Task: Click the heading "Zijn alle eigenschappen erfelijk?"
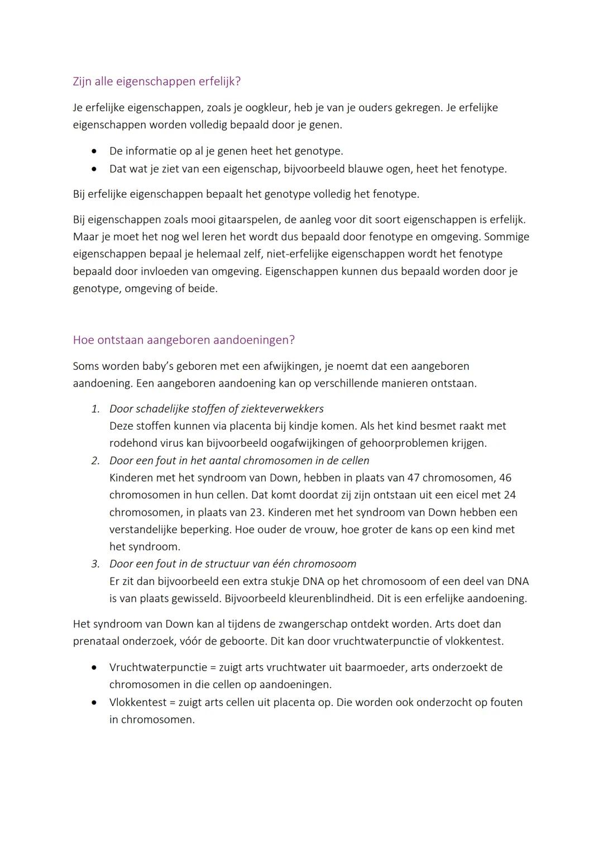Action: [x=156, y=82]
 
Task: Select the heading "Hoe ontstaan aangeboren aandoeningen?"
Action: [x=184, y=340]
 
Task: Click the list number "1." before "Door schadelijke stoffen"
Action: [x=95, y=409]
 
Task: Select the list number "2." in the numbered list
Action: [x=95, y=461]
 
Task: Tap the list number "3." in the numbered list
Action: [x=95, y=564]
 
